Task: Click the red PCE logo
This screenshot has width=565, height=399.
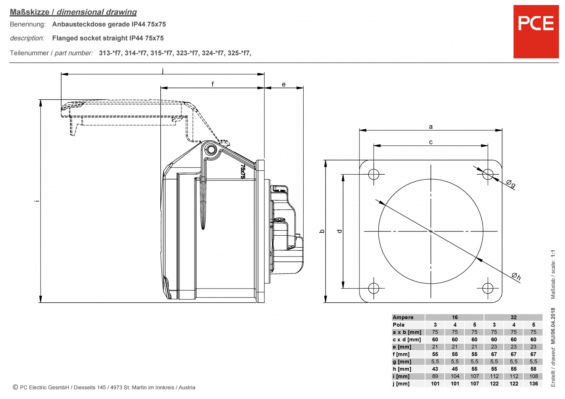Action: pyautogui.click(x=536, y=31)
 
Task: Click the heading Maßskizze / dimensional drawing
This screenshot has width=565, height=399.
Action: pyautogui.click(x=73, y=12)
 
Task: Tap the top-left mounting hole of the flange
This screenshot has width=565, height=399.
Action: pyautogui.click(x=374, y=174)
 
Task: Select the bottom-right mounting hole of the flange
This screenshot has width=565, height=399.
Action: pyautogui.click(x=488, y=288)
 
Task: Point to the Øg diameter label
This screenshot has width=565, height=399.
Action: pyautogui.click(x=511, y=183)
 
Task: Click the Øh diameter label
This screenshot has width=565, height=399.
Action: pyautogui.click(x=516, y=276)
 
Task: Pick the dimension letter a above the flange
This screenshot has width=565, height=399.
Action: pyautogui.click(x=430, y=127)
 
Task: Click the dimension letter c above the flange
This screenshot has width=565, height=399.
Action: pyautogui.click(x=430, y=142)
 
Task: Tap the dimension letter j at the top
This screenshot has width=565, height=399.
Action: pyautogui.click(x=162, y=71)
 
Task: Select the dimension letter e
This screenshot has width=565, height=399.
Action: pyautogui.click(x=284, y=84)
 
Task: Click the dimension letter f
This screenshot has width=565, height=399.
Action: pyautogui.click(x=213, y=84)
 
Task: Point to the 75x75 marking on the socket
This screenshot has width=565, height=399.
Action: pyautogui.click(x=243, y=171)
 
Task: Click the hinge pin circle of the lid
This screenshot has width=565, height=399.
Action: pyautogui.click(x=211, y=150)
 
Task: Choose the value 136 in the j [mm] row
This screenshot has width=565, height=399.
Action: pyautogui.click(x=533, y=383)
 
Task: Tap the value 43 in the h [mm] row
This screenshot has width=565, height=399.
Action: pyautogui.click(x=435, y=369)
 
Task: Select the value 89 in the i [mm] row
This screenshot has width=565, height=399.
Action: pyautogui.click(x=435, y=376)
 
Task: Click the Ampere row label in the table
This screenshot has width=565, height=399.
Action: pyautogui.click(x=403, y=317)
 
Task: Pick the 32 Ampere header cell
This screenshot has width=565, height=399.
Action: pyautogui.click(x=513, y=317)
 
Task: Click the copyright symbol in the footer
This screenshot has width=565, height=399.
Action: pyautogui.click(x=15, y=387)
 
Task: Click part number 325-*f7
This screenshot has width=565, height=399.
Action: pyautogui.click(x=239, y=53)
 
